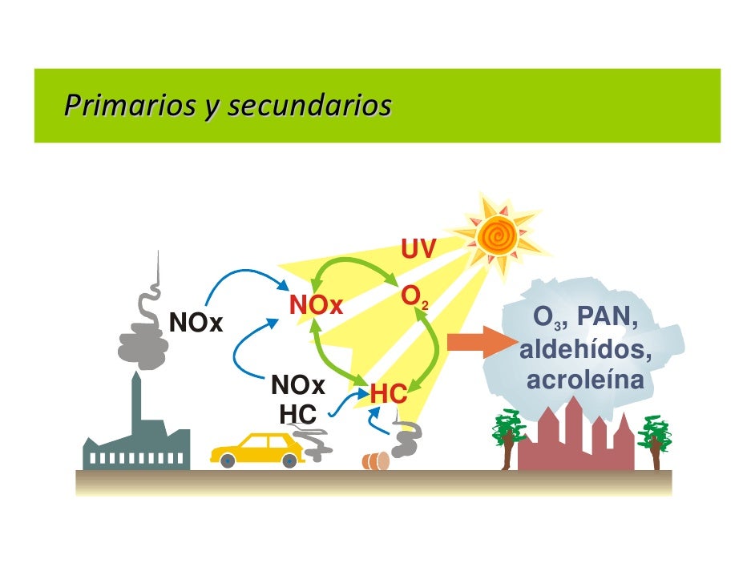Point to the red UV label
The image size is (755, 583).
tap(418, 250)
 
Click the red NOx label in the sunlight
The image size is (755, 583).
tap(316, 305)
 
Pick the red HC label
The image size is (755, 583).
tap(388, 394)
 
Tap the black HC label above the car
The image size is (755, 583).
tap(297, 414)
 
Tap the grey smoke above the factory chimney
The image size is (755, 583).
tap(142, 336)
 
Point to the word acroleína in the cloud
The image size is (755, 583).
tap(585, 380)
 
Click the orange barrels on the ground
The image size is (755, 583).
tap(375, 460)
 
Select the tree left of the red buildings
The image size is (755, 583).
tap(507, 436)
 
